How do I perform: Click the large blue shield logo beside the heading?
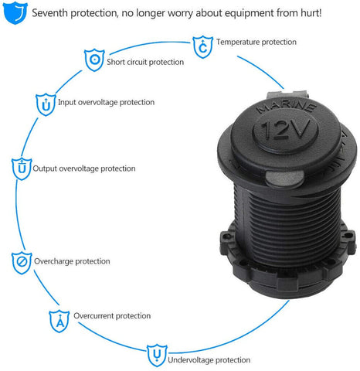point(15,12)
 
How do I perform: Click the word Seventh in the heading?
point(49,13)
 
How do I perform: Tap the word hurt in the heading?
point(311,13)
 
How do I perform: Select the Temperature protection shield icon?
point(203,46)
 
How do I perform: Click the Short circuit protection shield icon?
point(94,60)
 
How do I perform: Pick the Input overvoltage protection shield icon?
point(46,104)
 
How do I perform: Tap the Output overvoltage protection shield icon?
point(22,168)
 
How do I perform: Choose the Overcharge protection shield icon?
point(22,263)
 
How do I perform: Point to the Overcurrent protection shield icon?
point(59,321)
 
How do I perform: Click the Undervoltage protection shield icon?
point(157,356)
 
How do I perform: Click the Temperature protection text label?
point(256,42)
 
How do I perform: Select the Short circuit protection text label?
point(145,62)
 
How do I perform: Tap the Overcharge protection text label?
point(72,261)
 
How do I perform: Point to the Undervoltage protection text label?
point(209,359)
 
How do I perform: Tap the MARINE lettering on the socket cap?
point(287,107)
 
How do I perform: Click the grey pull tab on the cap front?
point(284,179)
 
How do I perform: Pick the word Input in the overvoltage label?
point(67,102)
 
